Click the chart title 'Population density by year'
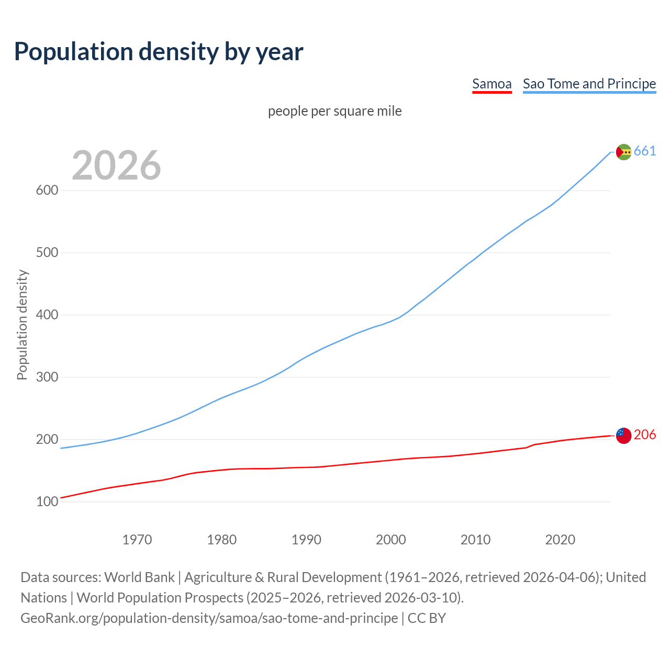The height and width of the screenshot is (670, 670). click(159, 52)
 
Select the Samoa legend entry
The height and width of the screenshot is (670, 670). click(492, 84)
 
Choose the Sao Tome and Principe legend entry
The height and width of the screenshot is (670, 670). click(589, 84)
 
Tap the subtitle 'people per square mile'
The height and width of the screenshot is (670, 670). click(334, 111)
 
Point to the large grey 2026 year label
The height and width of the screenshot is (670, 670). click(116, 165)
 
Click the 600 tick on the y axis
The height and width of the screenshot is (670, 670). click(47, 191)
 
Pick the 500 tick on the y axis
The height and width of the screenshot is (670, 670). click(47, 253)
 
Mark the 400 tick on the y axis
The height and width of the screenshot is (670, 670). click(47, 315)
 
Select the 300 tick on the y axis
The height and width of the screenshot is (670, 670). click(47, 377)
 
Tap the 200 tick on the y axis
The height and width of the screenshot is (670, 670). click(47, 440)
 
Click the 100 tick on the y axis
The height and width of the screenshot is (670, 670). click(47, 502)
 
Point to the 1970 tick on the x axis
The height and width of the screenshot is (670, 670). click(137, 540)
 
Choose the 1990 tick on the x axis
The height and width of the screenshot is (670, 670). click(306, 540)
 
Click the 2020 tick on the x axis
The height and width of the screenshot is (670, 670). click(560, 540)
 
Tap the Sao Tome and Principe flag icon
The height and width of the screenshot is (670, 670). click(623, 152)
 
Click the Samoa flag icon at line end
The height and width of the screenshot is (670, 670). click(623, 435)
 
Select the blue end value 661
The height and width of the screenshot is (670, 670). click(645, 151)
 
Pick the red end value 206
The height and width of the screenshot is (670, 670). click(645, 435)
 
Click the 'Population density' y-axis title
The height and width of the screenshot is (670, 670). click(22, 325)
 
